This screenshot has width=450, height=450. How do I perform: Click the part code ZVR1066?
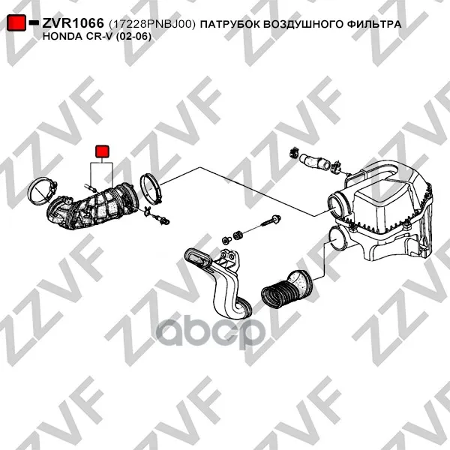coord(73,23)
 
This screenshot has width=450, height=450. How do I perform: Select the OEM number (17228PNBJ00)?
coord(152,25)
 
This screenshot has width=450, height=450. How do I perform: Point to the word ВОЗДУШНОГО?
coord(303,25)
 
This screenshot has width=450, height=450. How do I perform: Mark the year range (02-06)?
coord(133,37)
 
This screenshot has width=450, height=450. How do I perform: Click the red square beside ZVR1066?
coord(16,22)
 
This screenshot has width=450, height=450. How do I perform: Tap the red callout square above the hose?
coord(102,151)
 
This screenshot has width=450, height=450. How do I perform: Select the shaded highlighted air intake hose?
coord(91,208)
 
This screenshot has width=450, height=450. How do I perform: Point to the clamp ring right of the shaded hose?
coord(151,189)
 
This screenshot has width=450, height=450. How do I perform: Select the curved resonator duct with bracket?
coord(219,281)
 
